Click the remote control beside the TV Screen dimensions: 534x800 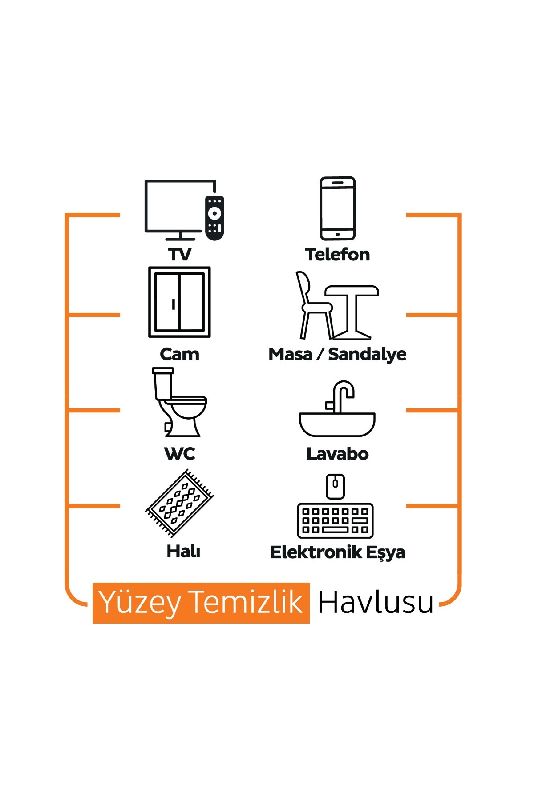click(x=214, y=218)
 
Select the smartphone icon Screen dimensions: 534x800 click(x=338, y=208)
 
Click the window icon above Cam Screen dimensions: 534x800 click(x=179, y=302)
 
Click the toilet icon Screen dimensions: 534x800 click(x=179, y=402)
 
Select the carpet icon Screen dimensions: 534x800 click(x=179, y=504)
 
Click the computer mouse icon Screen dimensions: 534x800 click(x=336, y=487)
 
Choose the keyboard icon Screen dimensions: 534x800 click(x=336, y=520)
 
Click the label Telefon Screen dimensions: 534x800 click(x=337, y=255)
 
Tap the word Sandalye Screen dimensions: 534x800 click(x=367, y=355)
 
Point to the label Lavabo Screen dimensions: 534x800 click(x=338, y=454)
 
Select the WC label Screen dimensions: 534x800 click(x=180, y=454)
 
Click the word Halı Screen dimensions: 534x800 click(x=183, y=551)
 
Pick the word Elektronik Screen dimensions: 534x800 click(x=316, y=552)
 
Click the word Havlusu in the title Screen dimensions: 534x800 click(x=376, y=603)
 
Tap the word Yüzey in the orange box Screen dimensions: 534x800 click(x=139, y=604)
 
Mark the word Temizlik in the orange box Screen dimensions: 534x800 click(x=246, y=602)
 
